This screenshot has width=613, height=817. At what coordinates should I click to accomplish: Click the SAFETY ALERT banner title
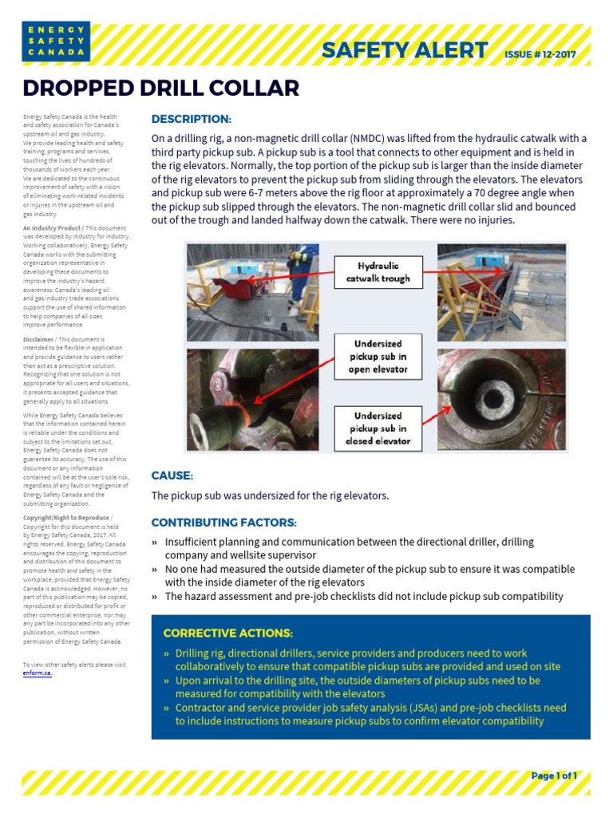[x=404, y=50]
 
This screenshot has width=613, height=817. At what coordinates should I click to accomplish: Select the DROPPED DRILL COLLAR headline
[x=160, y=88]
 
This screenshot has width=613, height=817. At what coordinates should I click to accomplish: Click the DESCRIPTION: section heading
[x=191, y=120]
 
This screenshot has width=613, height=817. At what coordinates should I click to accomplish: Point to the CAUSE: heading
[x=172, y=476]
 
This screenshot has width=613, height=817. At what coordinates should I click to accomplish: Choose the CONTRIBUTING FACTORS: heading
[x=223, y=523]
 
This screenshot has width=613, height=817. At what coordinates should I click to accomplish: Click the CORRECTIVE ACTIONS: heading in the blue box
[x=227, y=633]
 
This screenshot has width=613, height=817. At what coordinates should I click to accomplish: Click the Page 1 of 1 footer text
[x=553, y=776]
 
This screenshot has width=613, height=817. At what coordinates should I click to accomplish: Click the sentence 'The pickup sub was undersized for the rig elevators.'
[x=270, y=496]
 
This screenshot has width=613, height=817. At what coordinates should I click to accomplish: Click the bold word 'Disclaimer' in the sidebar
[x=38, y=339]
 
